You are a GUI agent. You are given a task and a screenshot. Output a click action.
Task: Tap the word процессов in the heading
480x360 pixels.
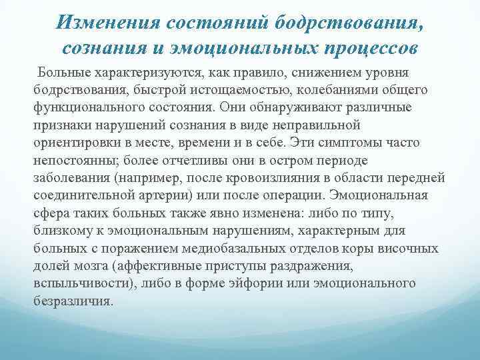point(363,48)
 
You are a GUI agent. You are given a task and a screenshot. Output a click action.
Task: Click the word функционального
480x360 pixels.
point(87,108)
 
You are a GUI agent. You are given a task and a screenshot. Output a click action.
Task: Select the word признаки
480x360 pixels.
point(61,126)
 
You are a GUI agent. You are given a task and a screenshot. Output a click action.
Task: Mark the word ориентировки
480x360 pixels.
point(74,143)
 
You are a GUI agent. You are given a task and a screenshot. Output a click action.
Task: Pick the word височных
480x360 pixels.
point(409,249)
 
